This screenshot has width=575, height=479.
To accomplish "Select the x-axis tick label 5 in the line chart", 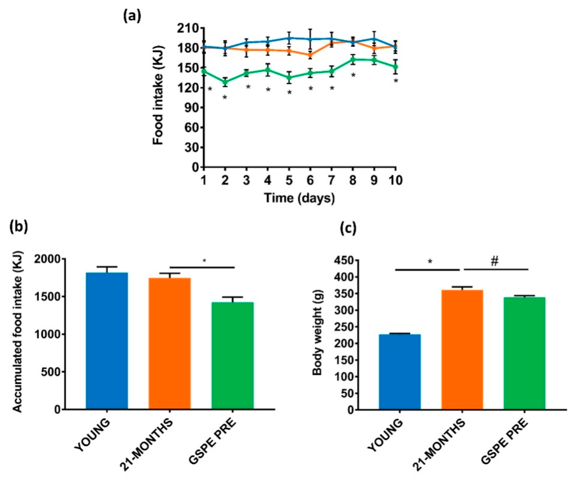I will (289, 181).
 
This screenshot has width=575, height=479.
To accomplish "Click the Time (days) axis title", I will (299, 198).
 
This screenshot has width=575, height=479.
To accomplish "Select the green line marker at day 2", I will (225, 82).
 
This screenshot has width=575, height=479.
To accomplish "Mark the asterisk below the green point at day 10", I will (395, 81).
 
